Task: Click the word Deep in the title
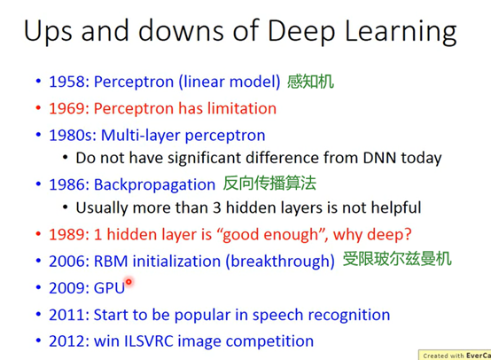[301, 31]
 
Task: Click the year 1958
[66, 82]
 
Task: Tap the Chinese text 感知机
[310, 82]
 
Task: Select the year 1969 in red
[66, 109]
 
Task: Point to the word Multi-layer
[141, 136]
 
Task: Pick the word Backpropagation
[155, 184]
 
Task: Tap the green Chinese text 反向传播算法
[269, 184]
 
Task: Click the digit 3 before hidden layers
[217, 207]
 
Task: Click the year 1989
[66, 235]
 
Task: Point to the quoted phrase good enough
[270, 235]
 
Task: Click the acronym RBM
[111, 262]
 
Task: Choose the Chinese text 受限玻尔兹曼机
[397, 259]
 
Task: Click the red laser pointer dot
[129, 282]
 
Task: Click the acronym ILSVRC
[149, 341]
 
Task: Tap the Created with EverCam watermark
[456, 356]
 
